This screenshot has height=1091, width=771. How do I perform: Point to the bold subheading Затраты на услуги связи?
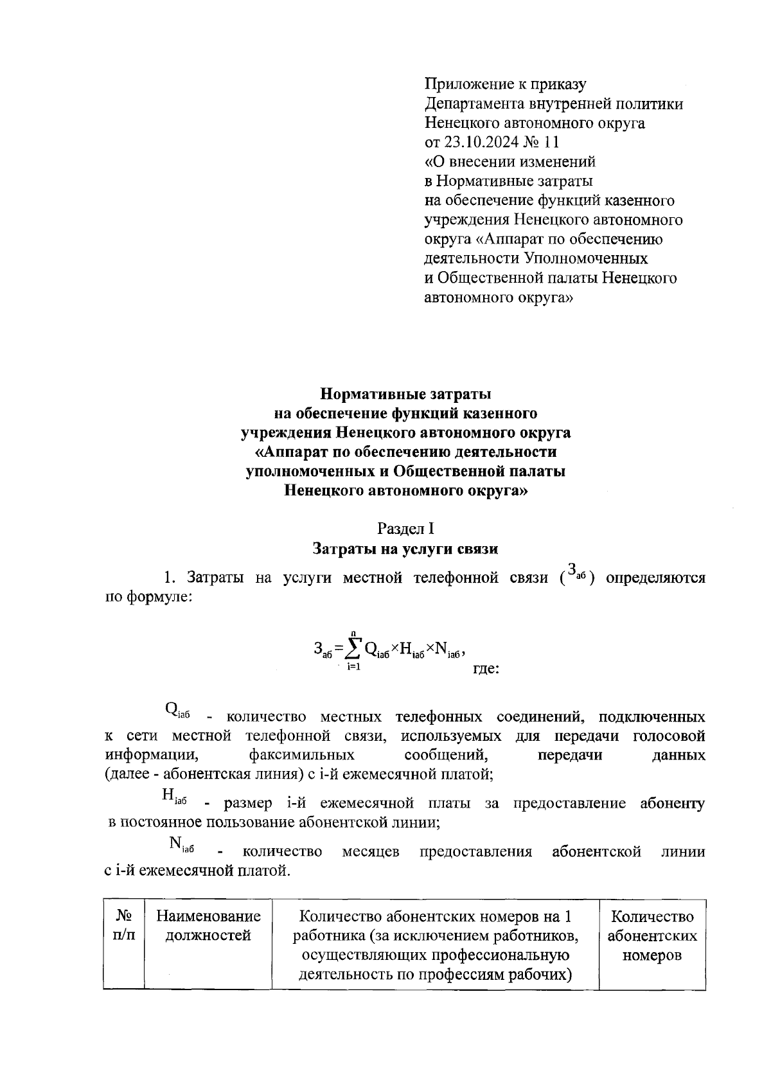(x=405, y=549)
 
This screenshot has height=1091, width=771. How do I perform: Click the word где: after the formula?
(x=486, y=668)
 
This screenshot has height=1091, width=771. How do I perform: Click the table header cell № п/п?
(x=123, y=926)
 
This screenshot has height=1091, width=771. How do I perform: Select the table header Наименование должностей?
(x=208, y=926)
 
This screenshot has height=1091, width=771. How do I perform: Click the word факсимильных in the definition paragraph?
(x=301, y=755)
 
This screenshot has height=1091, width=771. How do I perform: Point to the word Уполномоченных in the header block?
(x=586, y=258)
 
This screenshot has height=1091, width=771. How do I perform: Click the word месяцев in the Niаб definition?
(x=371, y=852)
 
